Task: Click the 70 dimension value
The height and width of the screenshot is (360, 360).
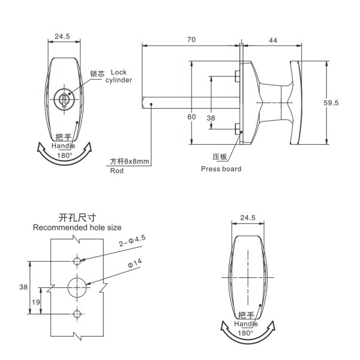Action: coord(191,40)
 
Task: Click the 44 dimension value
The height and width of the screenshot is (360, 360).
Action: coord(273,40)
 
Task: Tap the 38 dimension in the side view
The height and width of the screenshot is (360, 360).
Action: coord(211,118)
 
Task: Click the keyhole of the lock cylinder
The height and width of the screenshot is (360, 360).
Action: coord(63,98)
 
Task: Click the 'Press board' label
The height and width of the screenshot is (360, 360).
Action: coord(221,169)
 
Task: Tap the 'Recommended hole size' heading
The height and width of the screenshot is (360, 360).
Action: coord(77,227)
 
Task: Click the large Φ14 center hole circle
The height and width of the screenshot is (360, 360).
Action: coord(77,287)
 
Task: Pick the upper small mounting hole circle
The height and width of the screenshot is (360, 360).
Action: coord(77,261)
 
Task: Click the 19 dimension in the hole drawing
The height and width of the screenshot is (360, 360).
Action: coord(36,302)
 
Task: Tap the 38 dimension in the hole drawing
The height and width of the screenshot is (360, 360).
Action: coord(23,287)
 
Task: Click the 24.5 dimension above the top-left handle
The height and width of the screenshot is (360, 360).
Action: coord(62,36)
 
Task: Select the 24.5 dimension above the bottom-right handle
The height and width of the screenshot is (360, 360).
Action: coord(247,217)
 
